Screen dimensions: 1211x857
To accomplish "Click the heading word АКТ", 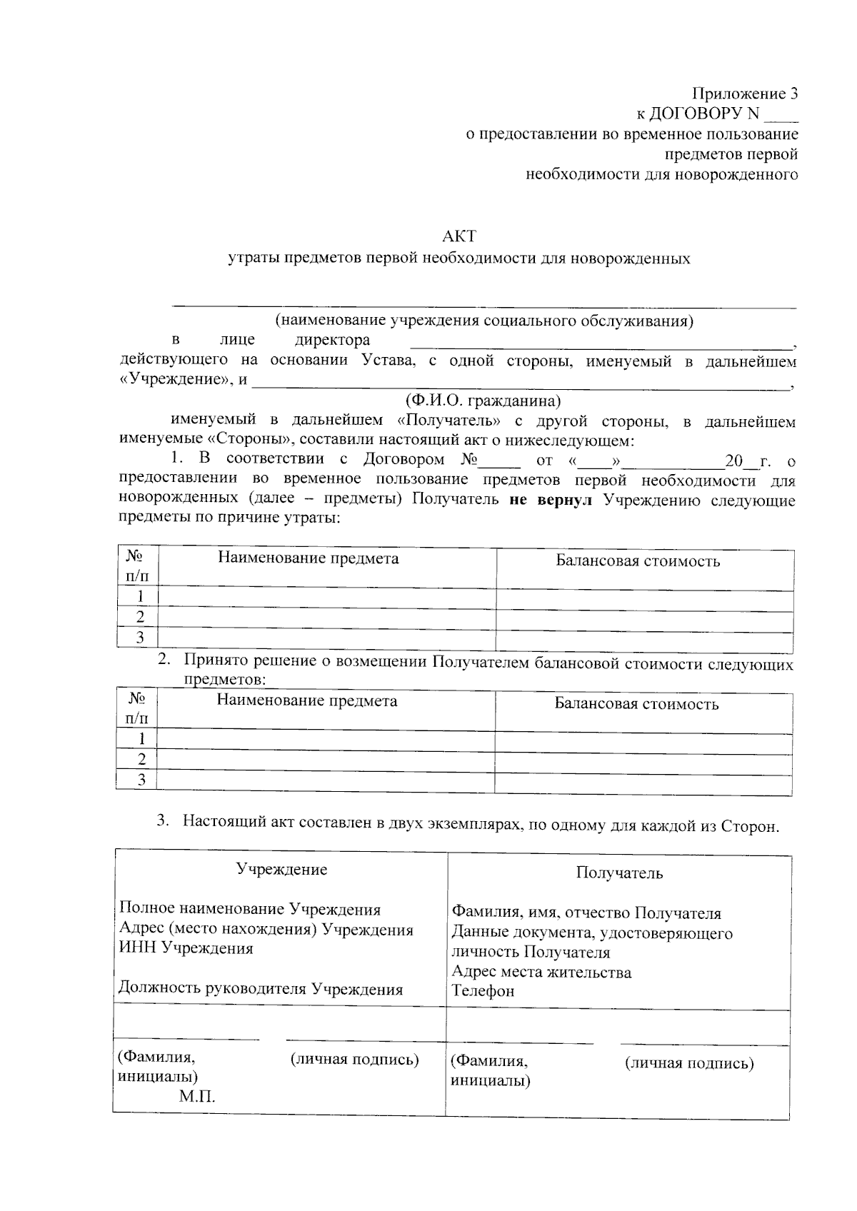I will pos(459,236).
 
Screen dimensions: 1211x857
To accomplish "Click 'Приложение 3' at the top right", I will pos(744,94).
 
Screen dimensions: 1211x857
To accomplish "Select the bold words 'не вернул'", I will pos(550,500).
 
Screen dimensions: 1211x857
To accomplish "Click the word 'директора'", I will pos(333,340).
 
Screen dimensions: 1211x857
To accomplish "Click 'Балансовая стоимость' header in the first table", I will pos(638,561).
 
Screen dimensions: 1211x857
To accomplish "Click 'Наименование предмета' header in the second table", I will pos(307,700).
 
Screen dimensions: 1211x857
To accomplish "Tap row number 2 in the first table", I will pos(141,617).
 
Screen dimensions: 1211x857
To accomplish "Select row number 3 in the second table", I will pos(141,780).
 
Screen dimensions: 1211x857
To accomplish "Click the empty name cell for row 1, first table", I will pos(326,598).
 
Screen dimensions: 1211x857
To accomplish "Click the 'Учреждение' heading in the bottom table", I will pos(282,869).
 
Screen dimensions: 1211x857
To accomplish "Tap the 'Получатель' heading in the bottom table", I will pos(619,873).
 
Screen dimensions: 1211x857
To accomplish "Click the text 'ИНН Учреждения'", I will pos(186,948).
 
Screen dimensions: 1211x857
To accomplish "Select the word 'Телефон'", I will pos(483,990).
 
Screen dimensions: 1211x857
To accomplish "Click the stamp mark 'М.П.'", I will pos(197,1096).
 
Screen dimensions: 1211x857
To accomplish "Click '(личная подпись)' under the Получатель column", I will pos(689,1063).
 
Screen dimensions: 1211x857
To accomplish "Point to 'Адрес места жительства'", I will pos(541,972).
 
